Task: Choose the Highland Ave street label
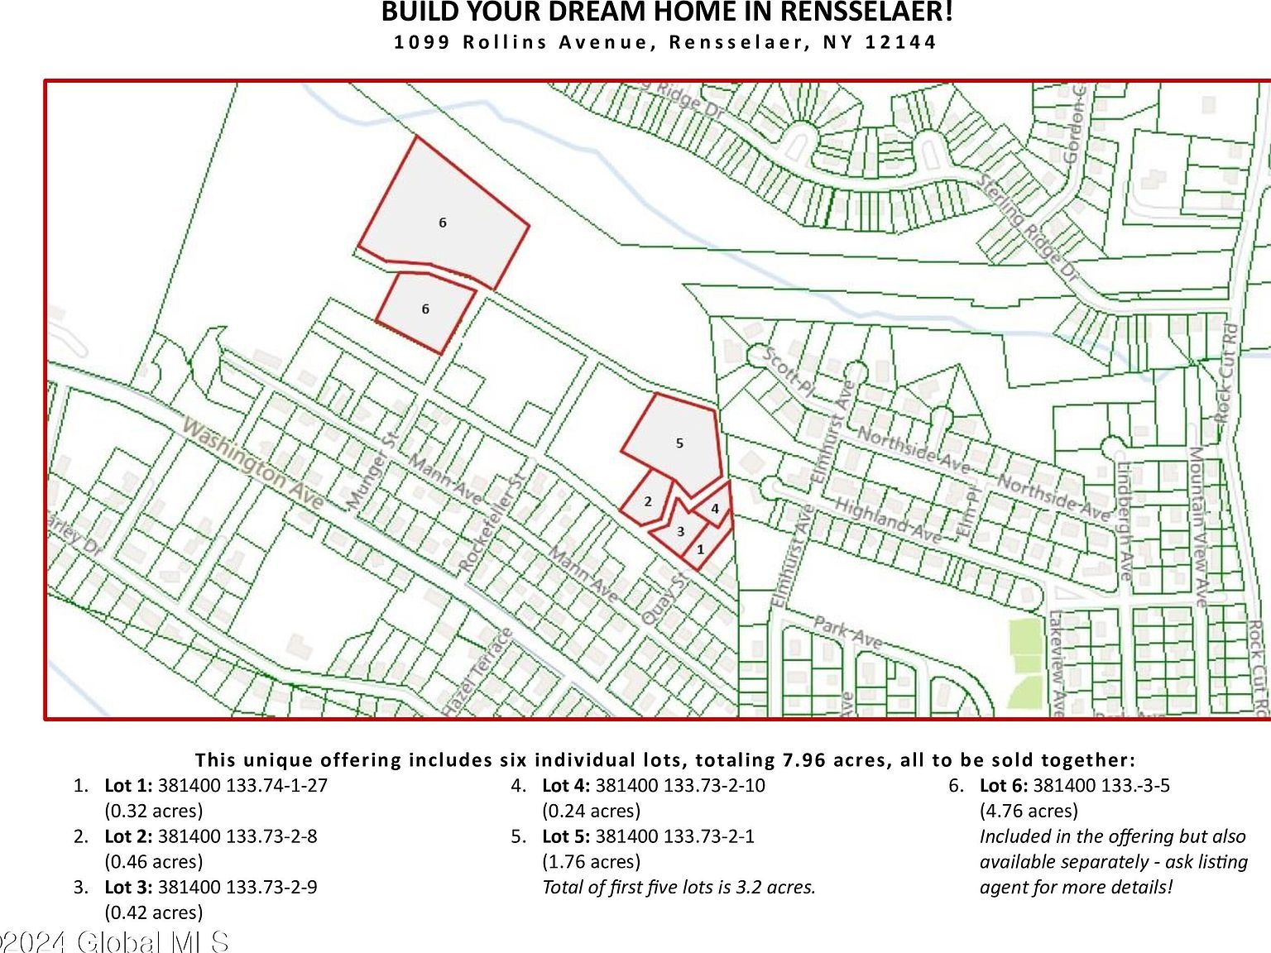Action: click(887, 521)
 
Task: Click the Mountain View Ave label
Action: click(1198, 526)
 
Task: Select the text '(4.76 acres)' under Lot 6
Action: click(1029, 811)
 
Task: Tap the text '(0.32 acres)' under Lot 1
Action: click(153, 811)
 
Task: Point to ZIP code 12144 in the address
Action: click(901, 42)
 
